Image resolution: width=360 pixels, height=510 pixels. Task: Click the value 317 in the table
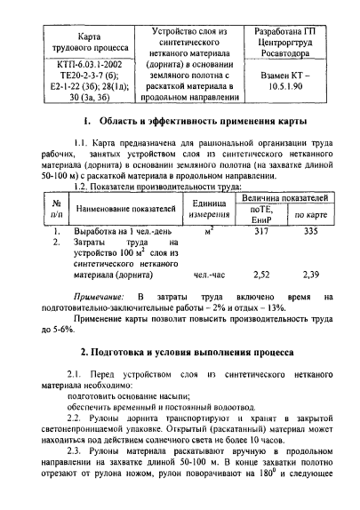click(261, 230)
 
